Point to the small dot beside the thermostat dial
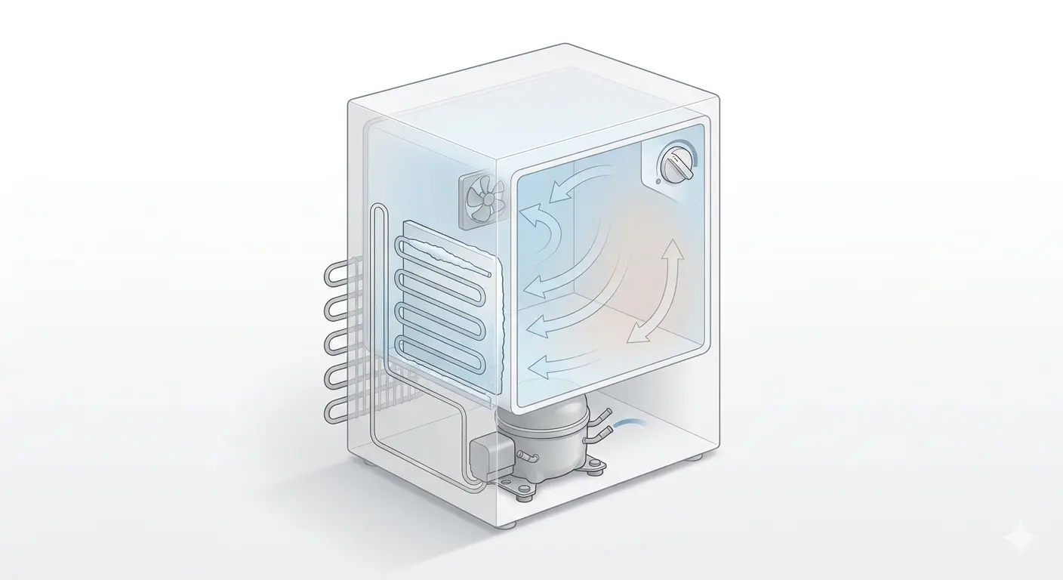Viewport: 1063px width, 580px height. [659, 181]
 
